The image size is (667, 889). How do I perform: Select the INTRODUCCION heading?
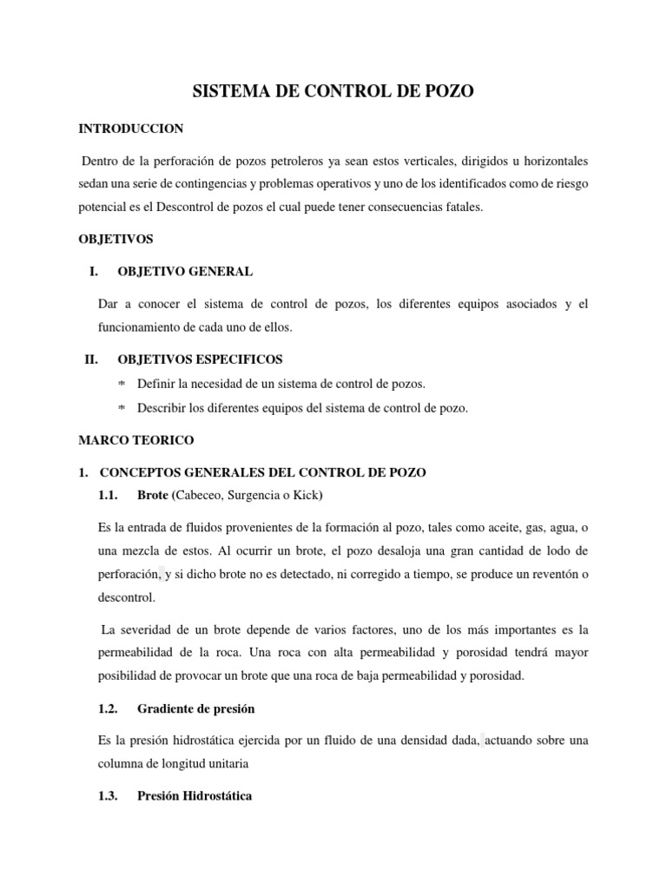[131, 128]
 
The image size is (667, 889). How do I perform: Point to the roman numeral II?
[91, 359]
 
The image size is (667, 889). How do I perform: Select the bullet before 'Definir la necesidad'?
[122, 384]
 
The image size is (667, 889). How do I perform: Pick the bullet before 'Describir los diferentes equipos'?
[122, 409]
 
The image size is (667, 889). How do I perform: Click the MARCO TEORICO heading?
[136, 440]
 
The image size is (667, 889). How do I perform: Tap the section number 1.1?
[112, 495]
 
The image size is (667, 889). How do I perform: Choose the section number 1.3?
[112, 795]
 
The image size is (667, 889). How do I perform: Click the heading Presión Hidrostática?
[195, 795]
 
